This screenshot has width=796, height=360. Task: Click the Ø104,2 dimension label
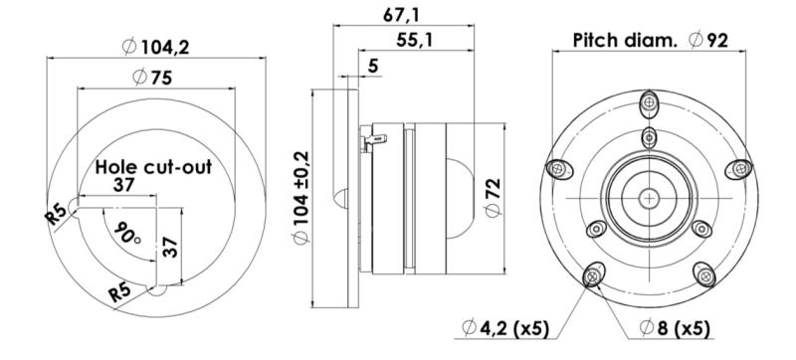156,47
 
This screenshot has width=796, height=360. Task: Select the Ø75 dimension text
152,77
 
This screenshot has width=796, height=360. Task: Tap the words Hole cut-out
153,167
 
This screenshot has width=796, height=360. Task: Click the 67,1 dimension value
401,15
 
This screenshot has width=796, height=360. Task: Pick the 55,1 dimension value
414,40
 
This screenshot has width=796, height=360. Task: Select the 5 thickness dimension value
374,66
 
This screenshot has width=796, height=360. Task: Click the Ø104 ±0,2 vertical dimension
301,198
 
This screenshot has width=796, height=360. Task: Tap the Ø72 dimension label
493,198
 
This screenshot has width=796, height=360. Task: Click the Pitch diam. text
625,40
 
